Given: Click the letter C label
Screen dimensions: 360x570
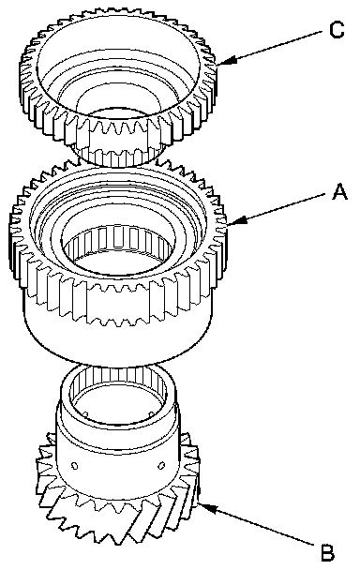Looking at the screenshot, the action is (x=337, y=30).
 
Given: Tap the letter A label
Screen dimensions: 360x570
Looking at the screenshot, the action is (x=340, y=191).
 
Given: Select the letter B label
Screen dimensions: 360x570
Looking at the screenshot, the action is (x=327, y=552).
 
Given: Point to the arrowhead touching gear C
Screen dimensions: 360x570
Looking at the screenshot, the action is (x=228, y=61).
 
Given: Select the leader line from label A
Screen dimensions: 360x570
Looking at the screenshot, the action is (x=276, y=209).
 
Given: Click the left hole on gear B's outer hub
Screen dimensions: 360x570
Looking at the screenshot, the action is (x=75, y=466).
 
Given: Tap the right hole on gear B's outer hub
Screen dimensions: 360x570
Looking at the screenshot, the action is (x=162, y=465).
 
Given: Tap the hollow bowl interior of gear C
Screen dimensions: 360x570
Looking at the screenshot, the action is (x=118, y=69).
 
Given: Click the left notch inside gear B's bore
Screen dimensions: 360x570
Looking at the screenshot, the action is (x=86, y=413).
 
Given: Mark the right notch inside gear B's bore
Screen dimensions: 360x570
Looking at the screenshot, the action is (x=151, y=413).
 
